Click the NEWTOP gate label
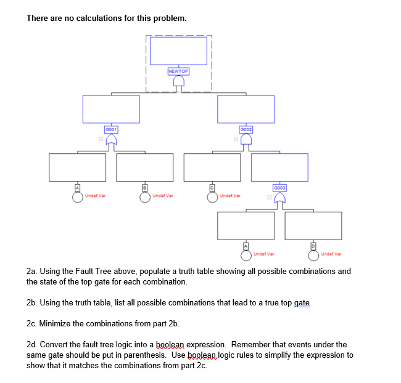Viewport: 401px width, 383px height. [178, 71]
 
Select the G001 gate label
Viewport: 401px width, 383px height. [111, 130]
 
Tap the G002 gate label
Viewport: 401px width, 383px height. [246, 130]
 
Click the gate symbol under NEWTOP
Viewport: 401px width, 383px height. [179, 82]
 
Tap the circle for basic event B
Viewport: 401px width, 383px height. [145, 197]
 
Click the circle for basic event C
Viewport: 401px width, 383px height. [212, 197]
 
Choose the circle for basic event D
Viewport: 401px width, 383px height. [313, 255]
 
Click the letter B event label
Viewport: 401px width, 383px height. [145, 187]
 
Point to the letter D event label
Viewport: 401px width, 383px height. [313, 246]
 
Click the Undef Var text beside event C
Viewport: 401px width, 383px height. [230, 196]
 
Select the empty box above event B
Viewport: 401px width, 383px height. [145, 167]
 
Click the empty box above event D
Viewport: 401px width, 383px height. [313, 225]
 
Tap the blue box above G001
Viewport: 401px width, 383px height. [111, 109]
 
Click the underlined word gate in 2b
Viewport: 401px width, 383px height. [302, 302]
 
